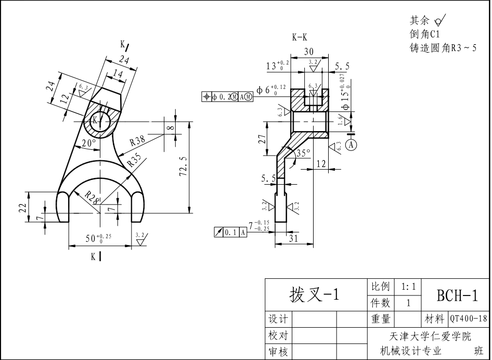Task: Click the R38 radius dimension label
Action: pyautogui.click(x=138, y=140)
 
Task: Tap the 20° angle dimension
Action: pyautogui.click(x=88, y=143)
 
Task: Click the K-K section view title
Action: pyautogui.click(x=300, y=37)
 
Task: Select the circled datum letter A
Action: pyautogui.click(x=352, y=144)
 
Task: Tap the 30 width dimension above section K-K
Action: pyautogui.click(x=308, y=52)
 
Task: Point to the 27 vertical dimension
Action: pyautogui.click(x=263, y=139)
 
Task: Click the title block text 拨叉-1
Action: pyautogui.click(x=314, y=295)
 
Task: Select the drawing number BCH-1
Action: pyautogui.click(x=457, y=295)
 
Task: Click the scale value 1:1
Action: pyautogui.click(x=408, y=287)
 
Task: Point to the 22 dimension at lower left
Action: pyautogui.click(x=22, y=208)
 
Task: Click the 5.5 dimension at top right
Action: pyautogui.click(x=342, y=66)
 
